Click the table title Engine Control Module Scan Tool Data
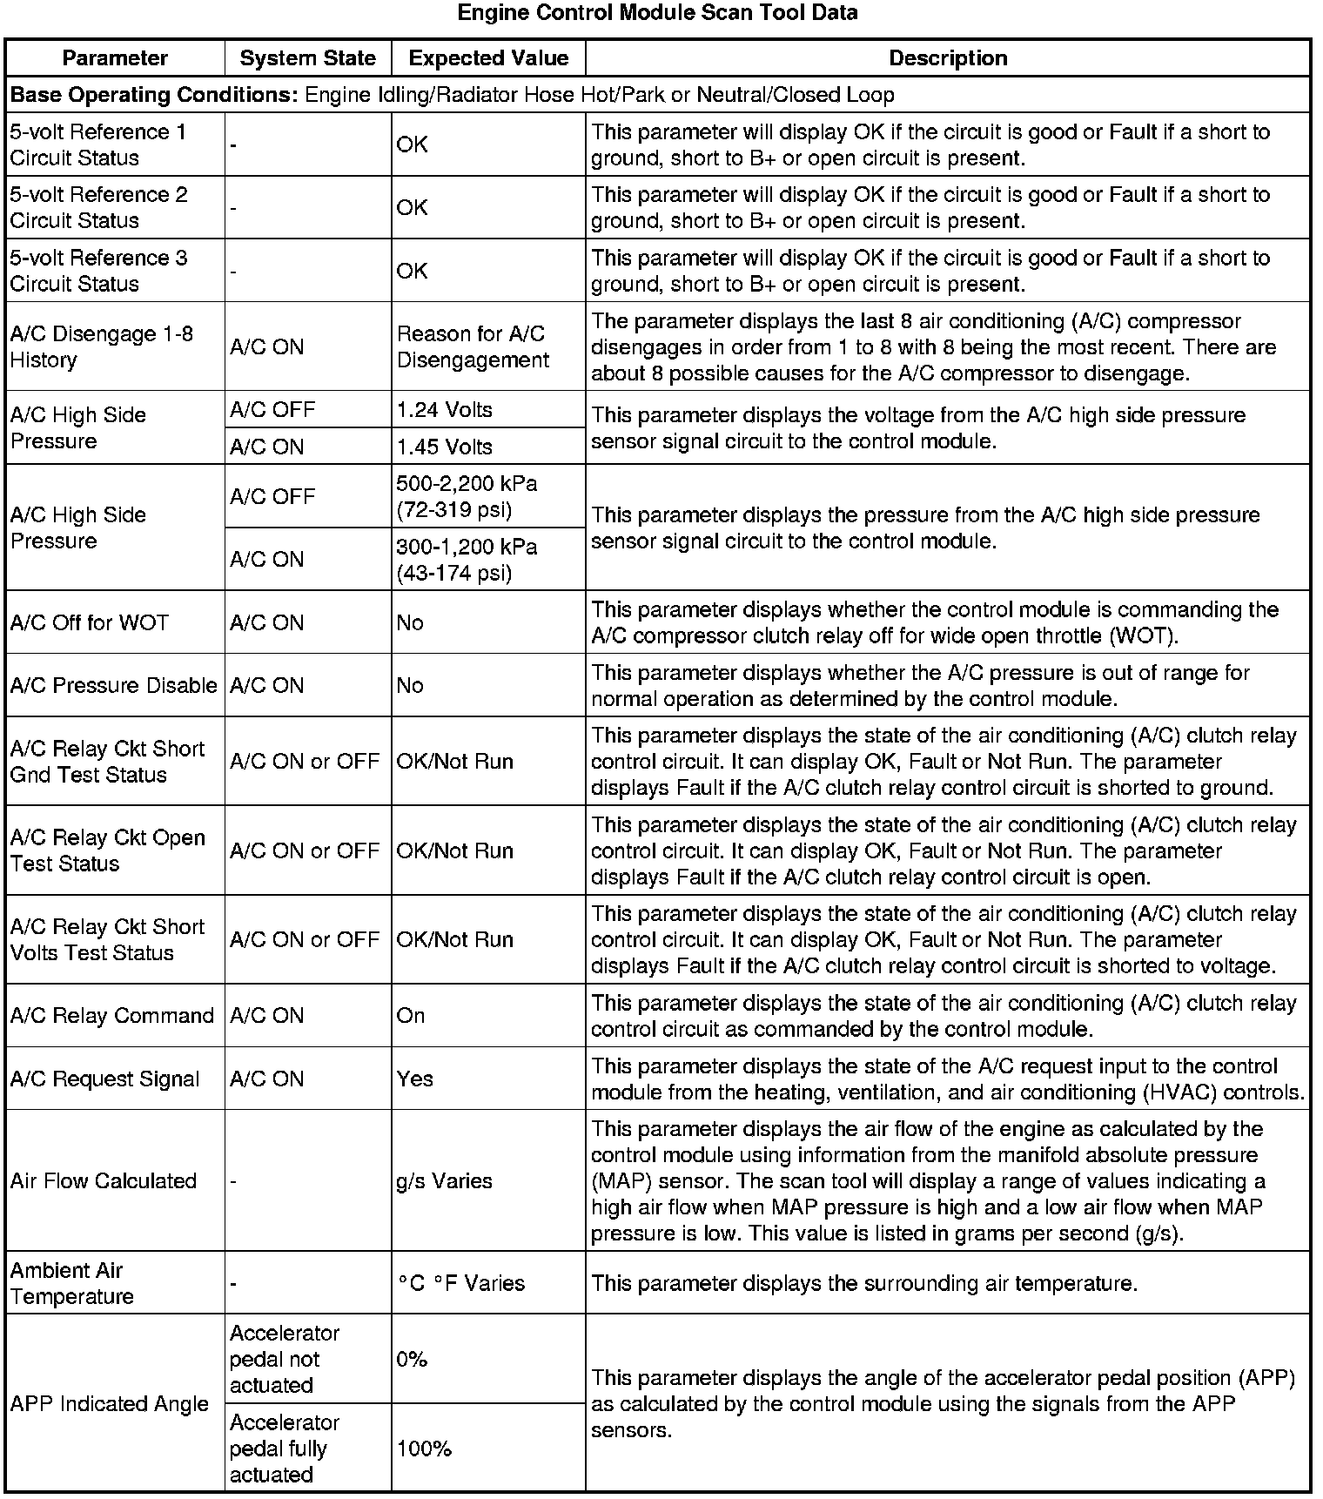[x=657, y=13]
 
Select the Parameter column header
[x=115, y=58]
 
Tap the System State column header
[x=308, y=58]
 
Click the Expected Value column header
[x=488, y=58]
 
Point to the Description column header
[x=948, y=58]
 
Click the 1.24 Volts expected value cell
[x=445, y=410]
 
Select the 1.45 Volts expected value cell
[x=445, y=447]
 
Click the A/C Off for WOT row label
[x=90, y=622]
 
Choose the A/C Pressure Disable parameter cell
[x=114, y=685]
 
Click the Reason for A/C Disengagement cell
[x=473, y=346]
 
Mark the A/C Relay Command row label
[x=112, y=1016]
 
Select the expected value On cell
[x=411, y=1016]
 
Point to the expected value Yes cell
[x=415, y=1079]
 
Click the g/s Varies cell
[x=445, y=1181]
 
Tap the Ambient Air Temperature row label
[x=72, y=1283]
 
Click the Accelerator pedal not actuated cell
[x=285, y=1359]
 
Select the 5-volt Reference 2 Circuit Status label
[x=98, y=207]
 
